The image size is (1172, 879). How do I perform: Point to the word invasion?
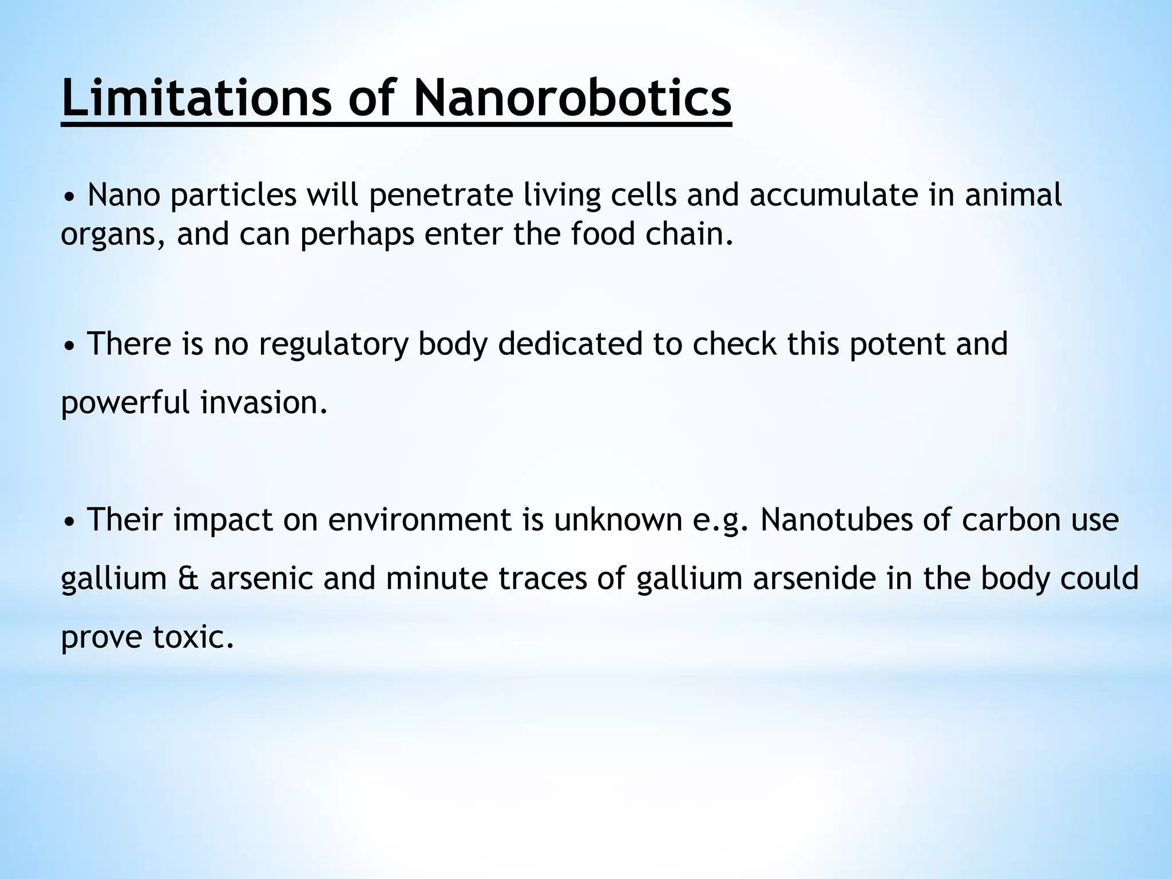[264, 403]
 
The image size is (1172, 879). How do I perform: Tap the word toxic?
[193, 638]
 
